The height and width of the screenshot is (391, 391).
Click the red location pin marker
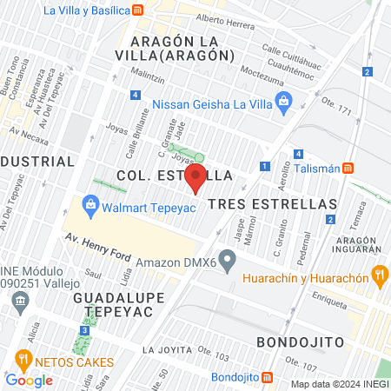pyautogui.click(x=196, y=178)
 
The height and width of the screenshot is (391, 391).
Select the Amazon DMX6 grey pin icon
pyautogui.click(x=228, y=259)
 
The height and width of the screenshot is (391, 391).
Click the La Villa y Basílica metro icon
pyautogui.click(x=138, y=10)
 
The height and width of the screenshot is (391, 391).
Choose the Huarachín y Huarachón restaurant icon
pyautogui.click(x=379, y=277)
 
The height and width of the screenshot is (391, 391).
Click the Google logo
pyautogui.click(x=29, y=380)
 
